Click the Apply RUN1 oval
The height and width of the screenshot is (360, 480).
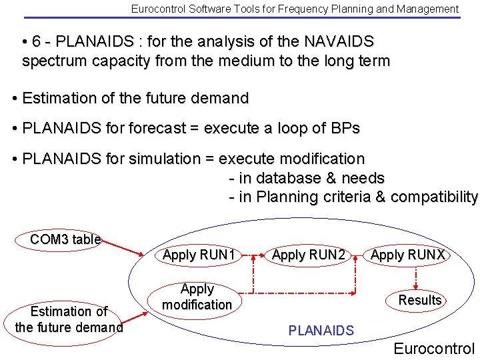(x=199, y=255)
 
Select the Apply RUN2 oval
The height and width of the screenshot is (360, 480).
(x=309, y=255)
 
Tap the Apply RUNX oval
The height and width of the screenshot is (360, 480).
(x=407, y=255)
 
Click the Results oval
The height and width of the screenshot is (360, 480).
(x=420, y=300)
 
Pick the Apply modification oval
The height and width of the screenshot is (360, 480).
(x=197, y=297)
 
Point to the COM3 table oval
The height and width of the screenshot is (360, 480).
(x=65, y=239)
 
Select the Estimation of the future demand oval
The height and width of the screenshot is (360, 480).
(x=69, y=319)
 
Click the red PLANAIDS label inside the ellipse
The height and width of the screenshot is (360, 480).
(x=321, y=330)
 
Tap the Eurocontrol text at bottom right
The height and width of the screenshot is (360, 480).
(x=434, y=348)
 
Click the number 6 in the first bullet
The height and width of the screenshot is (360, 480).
(x=37, y=41)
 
